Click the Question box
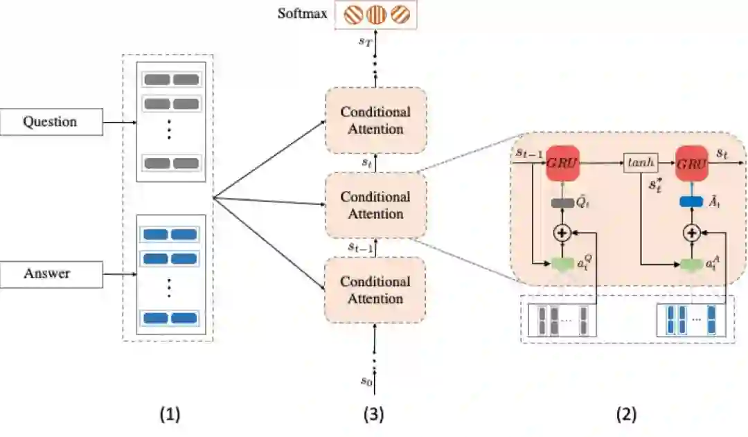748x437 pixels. point(50,123)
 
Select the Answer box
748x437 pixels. point(50,274)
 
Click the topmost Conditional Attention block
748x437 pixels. point(375,121)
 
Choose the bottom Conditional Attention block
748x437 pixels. point(375,290)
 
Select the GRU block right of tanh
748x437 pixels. point(691,163)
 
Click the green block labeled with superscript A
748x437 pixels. point(691,264)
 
